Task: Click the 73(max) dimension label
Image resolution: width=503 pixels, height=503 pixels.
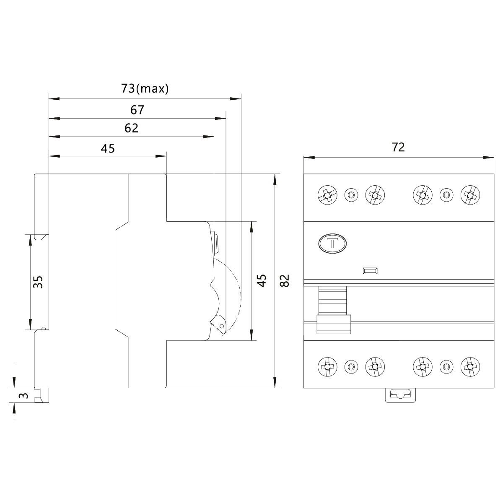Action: click(145, 88)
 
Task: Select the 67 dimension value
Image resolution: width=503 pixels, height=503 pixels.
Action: click(137, 110)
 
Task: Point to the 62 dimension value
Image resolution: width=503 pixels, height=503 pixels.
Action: click(131, 128)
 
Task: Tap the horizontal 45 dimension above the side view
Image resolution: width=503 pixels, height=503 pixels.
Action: click(108, 148)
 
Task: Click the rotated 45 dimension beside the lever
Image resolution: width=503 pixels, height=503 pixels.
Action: click(261, 281)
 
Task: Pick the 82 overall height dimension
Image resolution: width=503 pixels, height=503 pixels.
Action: click(285, 281)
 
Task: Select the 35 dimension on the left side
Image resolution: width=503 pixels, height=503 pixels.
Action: click(38, 282)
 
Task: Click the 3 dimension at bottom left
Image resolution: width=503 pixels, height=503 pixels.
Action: click(24, 395)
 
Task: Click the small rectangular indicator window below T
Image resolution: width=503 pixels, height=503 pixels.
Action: click(371, 271)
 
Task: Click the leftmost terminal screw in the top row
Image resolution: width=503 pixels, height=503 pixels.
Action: click(327, 194)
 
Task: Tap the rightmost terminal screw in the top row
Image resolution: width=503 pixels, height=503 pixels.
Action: click(470, 194)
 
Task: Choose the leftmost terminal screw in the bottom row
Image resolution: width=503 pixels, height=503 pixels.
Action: click(327, 367)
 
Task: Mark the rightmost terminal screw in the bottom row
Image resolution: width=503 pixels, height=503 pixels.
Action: click(470, 367)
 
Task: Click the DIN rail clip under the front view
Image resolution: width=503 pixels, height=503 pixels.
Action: click(400, 394)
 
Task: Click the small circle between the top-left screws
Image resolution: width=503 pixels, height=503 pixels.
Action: click(351, 194)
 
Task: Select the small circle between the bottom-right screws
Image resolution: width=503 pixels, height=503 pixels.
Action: click(446, 367)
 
